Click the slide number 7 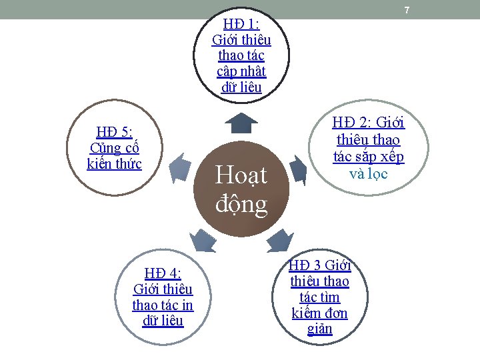click(406, 10)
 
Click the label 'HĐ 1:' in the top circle click(241, 24)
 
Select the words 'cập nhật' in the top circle click(241, 71)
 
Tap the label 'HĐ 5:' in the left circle click(114, 132)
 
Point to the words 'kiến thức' click(114, 163)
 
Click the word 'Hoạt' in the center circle click(241, 175)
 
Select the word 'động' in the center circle click(241, 203)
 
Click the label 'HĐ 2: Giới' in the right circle click(369, 123)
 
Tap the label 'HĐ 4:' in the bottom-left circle click(163, 273)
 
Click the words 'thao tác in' click(163, 305)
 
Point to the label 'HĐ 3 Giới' click(320, 265)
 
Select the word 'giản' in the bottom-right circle click(320, 329)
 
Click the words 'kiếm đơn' click(320, 313)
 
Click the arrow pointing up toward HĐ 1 click(241, 123)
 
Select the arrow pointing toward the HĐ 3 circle click(279, 241)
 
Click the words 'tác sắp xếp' click(369, 157)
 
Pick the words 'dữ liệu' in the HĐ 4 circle click(163, 321)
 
